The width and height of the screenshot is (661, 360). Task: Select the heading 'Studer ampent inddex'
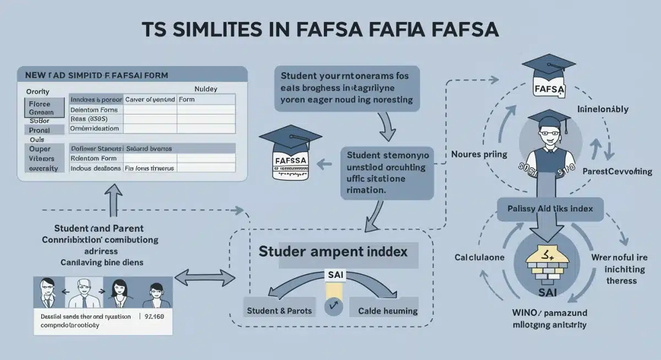coord(333,252)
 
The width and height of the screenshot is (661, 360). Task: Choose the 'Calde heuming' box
coord(387,311)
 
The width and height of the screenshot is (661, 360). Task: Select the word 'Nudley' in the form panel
coord(206,88)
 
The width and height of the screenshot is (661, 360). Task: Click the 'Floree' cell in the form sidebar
coord(40,104)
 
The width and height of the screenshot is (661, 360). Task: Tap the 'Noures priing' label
coord(478,154)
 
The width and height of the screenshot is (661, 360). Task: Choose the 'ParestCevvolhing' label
coord(617,171)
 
